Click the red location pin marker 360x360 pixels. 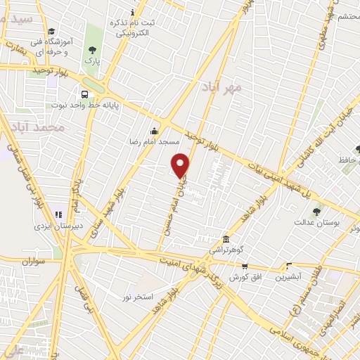tap(181, 165)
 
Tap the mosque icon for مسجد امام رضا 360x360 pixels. tap(154, 131)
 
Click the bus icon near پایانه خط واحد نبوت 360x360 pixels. tap(85, 94)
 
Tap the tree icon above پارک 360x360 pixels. tap(92, 49)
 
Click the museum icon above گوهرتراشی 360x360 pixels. tap(225, 239)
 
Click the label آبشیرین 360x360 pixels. tap(289, 276)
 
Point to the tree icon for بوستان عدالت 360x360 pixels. tap(317, 210)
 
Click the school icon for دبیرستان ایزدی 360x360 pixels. tap(58, 214)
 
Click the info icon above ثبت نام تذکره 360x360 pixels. tap(134, 12)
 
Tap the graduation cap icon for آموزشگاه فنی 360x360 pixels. tap(51, 32)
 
